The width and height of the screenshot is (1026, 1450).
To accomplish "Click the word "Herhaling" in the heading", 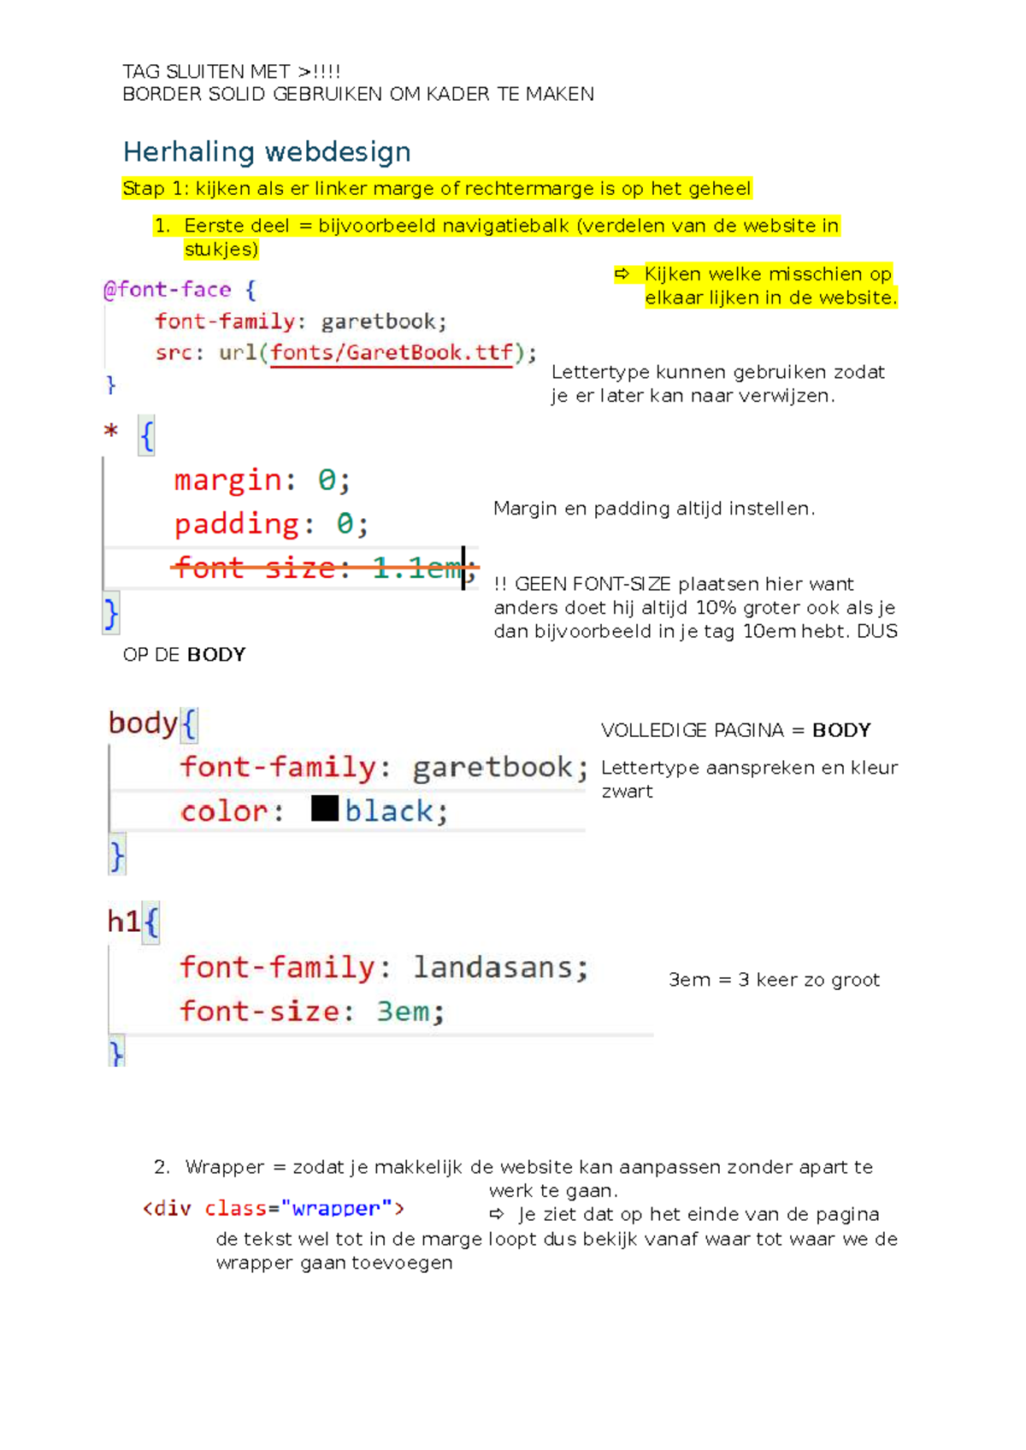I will tap(189, 152).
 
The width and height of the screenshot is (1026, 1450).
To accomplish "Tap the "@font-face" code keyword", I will tap(167, 290).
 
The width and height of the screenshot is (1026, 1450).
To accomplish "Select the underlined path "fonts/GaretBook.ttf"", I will tap(392, 353).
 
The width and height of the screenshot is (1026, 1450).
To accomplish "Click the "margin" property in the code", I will tap(227, 480).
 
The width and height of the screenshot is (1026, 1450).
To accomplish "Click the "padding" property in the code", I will tap(237, 523).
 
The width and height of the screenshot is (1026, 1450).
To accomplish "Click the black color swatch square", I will tap(325, 808).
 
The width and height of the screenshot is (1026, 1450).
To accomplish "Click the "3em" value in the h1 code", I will tap(403, 1011).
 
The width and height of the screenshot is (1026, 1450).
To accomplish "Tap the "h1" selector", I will tap(124, 922).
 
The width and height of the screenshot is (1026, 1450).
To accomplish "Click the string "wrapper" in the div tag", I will tap(335, 1208).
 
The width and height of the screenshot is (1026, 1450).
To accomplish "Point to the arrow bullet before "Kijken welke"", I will tap(622, 274).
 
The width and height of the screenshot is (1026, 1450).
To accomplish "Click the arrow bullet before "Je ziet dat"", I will tap(497, 1214).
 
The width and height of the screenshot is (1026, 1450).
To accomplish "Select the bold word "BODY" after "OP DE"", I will tap(216, 655).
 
